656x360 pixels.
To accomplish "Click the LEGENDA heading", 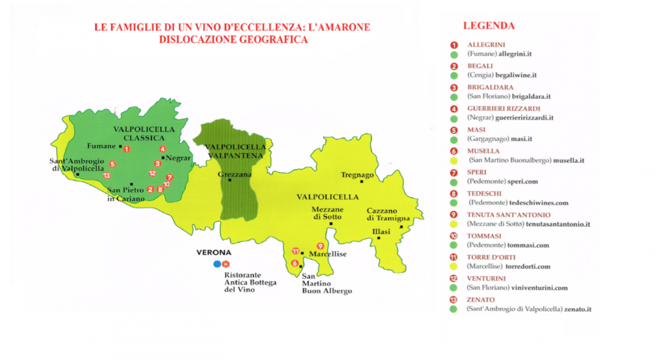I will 489,26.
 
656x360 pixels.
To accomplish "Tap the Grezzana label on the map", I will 230,174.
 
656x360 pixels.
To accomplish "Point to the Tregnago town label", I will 358,175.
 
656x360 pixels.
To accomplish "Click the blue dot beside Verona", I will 216,264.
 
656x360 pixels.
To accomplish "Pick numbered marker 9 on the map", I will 320,246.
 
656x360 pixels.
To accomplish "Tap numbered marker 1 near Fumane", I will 126,149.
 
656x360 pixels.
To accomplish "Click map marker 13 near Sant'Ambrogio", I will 106,175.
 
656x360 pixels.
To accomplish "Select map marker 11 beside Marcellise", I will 296,251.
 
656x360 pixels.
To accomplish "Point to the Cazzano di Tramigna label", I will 388,214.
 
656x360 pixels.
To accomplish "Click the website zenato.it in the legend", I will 577,309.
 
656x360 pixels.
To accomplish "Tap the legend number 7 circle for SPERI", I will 453,172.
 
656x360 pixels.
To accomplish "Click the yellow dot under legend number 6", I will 453,160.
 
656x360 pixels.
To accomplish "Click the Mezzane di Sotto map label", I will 327,213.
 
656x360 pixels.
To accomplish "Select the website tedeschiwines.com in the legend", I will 536,203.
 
